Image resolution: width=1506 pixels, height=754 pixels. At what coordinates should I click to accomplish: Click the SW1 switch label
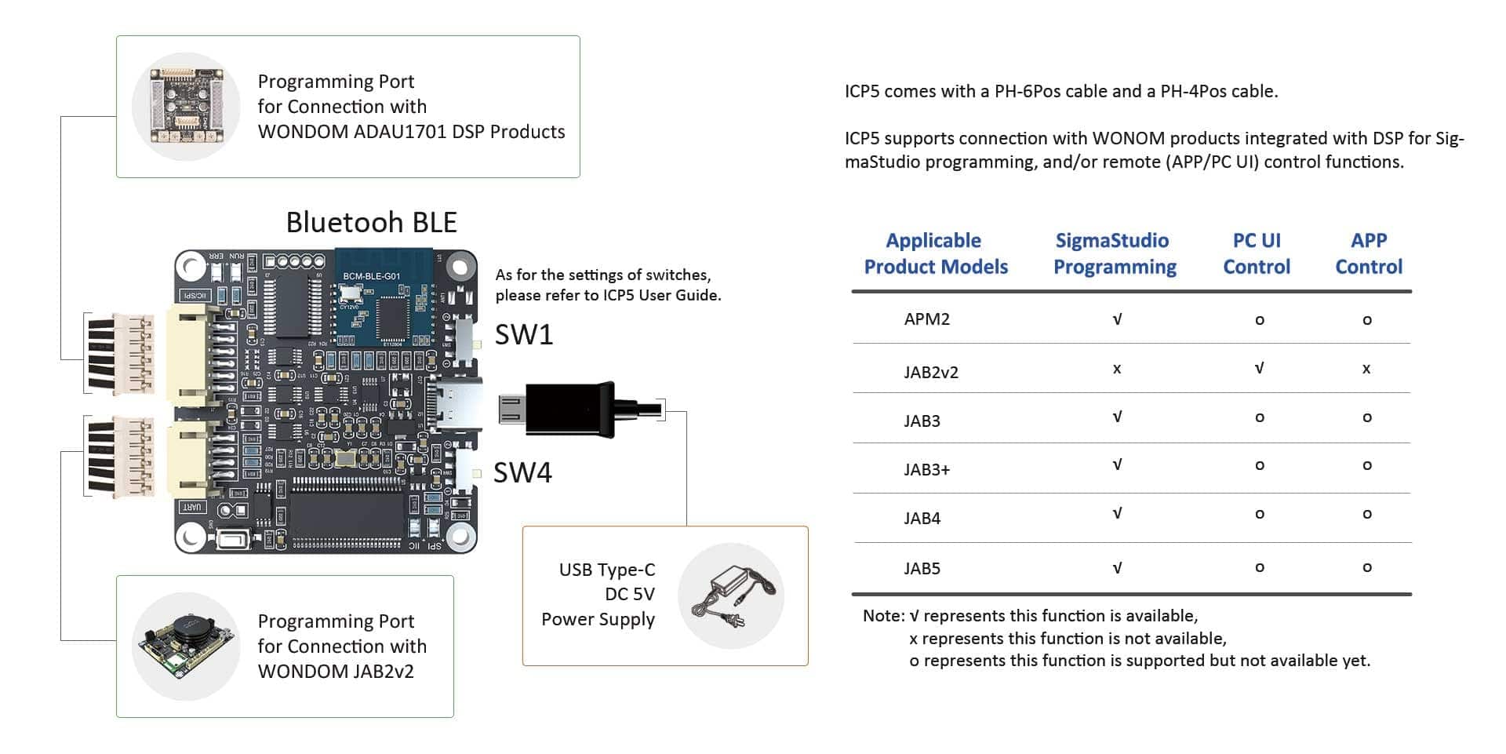[x=523, y=335]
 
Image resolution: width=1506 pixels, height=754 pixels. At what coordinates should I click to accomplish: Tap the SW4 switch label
[x=522, y=472]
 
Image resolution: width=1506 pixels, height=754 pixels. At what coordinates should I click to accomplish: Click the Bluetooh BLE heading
[x=371, y=222]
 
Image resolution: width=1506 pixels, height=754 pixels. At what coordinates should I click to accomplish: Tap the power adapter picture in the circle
[x=731, y=596]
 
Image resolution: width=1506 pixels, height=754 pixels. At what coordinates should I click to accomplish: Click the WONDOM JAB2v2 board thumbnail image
[x=186, y=646]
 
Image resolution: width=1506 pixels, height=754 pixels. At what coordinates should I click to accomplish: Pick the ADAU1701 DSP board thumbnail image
[x=186, y=107]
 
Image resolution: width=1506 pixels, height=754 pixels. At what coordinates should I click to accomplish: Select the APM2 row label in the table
[x=926, y=319]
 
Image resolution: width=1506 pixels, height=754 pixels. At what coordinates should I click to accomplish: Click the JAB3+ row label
[x=926, y=470]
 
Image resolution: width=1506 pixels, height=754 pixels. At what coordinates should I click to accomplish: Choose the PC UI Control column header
[x=1256, y=253]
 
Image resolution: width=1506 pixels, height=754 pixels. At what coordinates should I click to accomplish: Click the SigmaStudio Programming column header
[x=1114, y=253]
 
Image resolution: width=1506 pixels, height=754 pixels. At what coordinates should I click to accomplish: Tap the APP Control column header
[x=1368, y=253]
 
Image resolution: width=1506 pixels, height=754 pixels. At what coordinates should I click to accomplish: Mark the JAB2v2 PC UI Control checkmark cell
[x=1259, y=368]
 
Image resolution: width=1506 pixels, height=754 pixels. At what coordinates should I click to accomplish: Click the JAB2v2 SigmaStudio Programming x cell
[x=1116, y=369]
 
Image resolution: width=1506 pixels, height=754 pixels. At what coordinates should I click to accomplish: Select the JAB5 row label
[x=922, y=569]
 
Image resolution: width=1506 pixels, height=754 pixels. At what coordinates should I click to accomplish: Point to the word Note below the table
[x=882, y=616]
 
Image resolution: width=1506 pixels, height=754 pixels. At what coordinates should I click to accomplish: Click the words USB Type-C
[x=606, y=570]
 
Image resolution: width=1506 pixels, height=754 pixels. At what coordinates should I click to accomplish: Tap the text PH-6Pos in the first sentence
[x=1026, y=91]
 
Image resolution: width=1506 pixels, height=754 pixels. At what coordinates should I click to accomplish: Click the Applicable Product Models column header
[x=935, y=253]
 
